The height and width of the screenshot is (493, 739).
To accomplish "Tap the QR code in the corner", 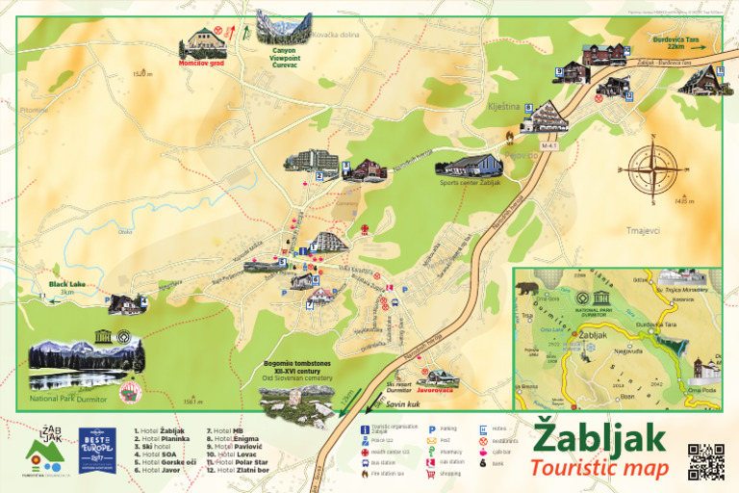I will pos(705,462).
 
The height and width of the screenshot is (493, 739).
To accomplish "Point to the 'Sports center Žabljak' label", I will pos(471,182).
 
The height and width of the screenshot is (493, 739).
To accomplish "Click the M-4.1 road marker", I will pos(550,145).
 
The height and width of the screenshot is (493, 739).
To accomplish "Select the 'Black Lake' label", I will pos(67,285).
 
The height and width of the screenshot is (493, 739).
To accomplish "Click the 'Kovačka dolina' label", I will pos(336,35).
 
